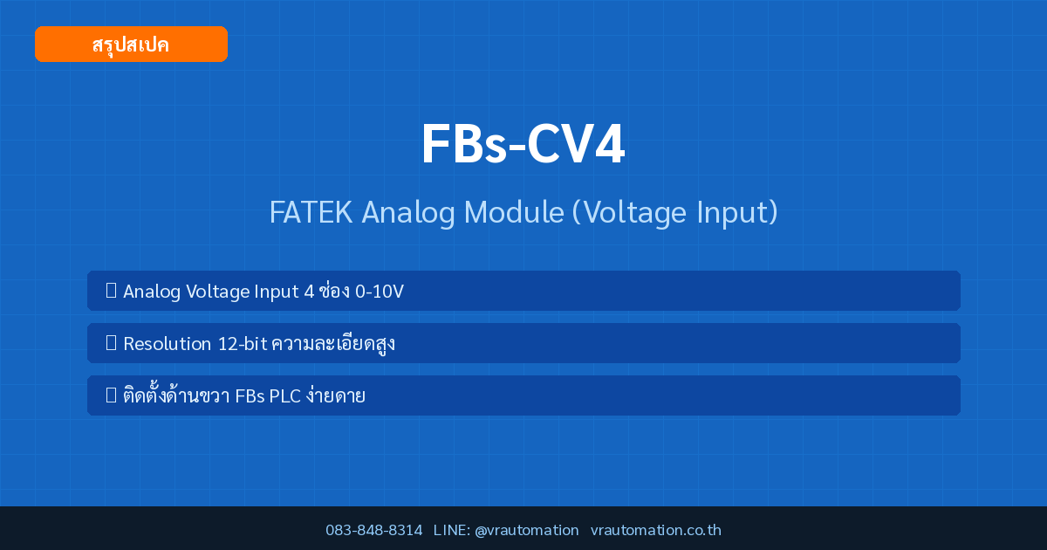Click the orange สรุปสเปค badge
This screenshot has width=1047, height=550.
(x=131, y=44)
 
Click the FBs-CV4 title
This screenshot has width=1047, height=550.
(x=523, y=143)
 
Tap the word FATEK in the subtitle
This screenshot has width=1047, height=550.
(x=311, y=212)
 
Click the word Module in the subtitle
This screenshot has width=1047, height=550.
(x=514, y=212)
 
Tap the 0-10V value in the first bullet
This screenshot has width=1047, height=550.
(x=379, y=292)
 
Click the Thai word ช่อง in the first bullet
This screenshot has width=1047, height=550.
(x=333, y=291)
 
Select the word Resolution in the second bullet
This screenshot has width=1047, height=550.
(x=167, y=344)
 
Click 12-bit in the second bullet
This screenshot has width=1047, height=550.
(x=243, y=344)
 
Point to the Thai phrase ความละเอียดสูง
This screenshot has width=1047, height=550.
(x=333, y=344)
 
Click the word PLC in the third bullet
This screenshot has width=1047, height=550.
(x=284, y=396)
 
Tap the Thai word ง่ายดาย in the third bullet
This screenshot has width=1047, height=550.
(x=336, y=395)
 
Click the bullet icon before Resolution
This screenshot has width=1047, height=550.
(x=112, y=343)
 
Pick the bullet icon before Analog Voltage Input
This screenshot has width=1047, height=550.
(x=112, y=291)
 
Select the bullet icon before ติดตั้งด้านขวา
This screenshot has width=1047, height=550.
(x=112, y=395)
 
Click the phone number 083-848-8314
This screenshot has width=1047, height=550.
(x=374, y=530)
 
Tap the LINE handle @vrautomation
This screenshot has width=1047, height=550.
(x=527, y=531)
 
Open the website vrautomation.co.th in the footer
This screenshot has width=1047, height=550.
(x=656, y=530)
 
